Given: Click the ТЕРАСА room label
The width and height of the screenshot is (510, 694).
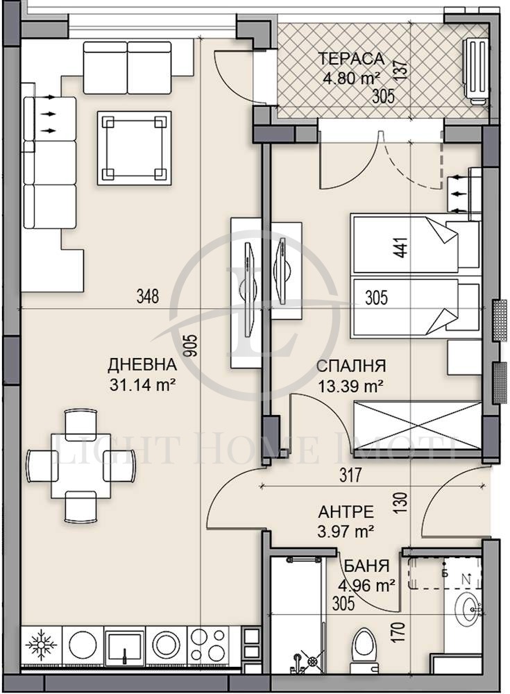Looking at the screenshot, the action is coord(351,59).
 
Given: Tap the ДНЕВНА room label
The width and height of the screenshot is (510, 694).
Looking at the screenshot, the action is coord(142,365).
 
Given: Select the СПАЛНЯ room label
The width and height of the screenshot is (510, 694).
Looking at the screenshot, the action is coord(351,366).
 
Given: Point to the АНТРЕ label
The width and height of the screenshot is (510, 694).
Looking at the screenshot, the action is coord(346,512).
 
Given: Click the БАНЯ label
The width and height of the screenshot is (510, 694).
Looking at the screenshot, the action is coord(366,566).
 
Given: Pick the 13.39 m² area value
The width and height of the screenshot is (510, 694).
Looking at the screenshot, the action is coord(350,387).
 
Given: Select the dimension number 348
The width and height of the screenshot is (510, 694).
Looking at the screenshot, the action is coord(147,296).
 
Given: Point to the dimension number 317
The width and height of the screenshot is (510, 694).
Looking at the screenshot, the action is coord(351,475).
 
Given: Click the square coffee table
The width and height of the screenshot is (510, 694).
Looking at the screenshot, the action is coord(135,148).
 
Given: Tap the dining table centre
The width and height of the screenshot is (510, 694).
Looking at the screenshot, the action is coord(80,466).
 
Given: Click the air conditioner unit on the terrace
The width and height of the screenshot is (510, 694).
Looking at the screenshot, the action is coord(475,71).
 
